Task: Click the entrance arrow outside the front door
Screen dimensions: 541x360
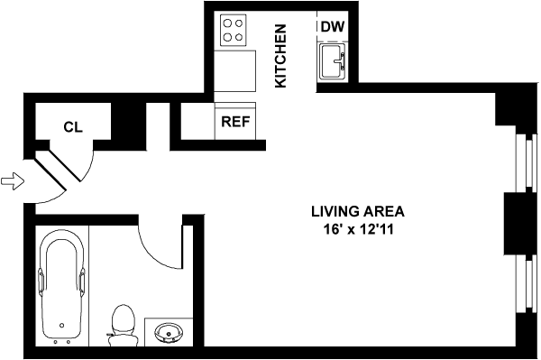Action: point(13,180)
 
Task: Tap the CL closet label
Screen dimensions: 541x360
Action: point(73,127)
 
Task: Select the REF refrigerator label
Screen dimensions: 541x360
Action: point(235,122)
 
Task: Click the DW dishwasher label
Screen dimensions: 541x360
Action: point(333,26)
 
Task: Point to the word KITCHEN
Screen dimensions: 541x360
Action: point(280,56)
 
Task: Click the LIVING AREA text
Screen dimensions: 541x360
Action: point(358,211)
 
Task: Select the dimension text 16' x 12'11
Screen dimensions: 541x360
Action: point(358,229)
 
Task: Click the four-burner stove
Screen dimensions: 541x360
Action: point(233,30)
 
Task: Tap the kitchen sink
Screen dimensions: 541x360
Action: point(333,62)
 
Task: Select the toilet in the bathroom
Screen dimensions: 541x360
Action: point(123,325)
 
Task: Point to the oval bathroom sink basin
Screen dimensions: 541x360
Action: point(169,332)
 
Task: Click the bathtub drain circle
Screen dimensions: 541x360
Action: point(61,325)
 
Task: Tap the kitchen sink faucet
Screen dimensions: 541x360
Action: point(341,61)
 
